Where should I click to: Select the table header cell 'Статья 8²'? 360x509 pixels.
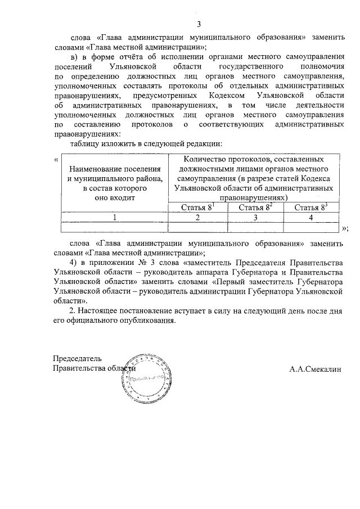pyautogui.click(x=254, y=208)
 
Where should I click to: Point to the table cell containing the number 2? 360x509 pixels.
pyautogui.click(x=197, y=218)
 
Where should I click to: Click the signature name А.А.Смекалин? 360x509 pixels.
pyautogui.click(x=316, y=369)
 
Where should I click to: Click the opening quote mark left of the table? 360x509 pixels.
pyautogui.click(x=55, y=159)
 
